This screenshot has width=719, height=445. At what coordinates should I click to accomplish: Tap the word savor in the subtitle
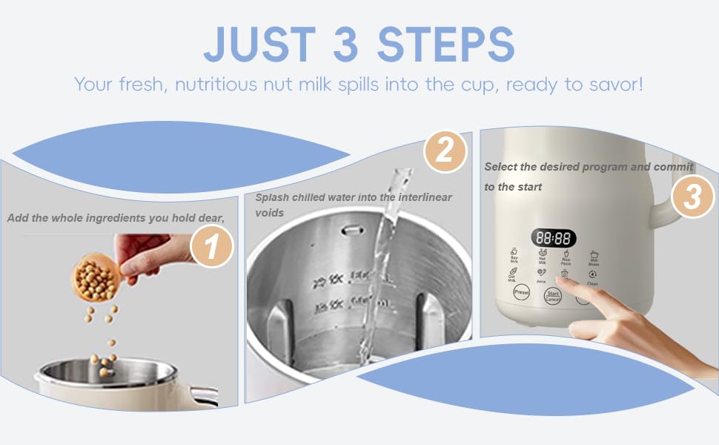[613, 84]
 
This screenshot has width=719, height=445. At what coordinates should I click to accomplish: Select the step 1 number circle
[212, 247]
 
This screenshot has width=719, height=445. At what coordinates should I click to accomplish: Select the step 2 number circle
[445, 152]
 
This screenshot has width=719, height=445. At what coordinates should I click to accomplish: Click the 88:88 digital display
[554, 239]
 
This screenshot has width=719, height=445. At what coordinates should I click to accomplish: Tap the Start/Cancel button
[553, 296]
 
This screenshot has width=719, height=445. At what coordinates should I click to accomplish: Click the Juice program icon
[541, 275]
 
